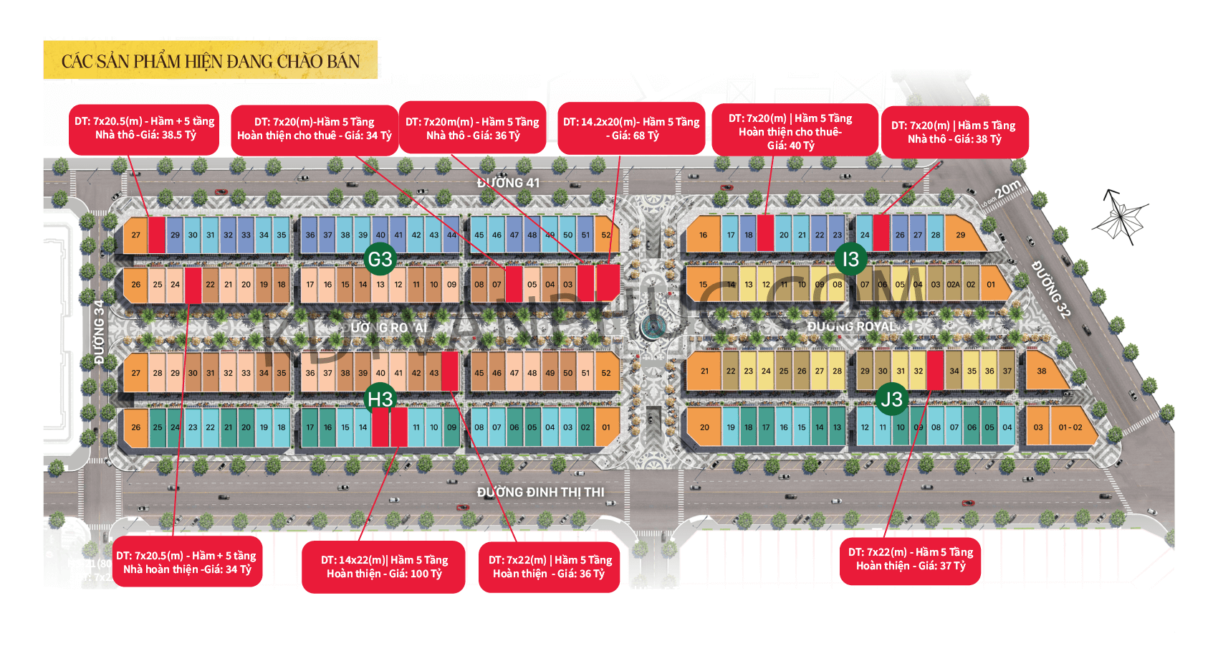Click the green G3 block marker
[x=380, y=259]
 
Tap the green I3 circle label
[x=850, y=259]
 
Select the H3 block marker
[x=380, y=399]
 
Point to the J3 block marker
[x=891, y=399]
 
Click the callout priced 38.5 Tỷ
[x=144, y=128]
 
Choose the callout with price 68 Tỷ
[x=631, y=128]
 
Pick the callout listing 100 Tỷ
[x=384, y=567]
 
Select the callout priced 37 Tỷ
[x=910, y=559]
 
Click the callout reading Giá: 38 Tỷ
[x=954, y=132]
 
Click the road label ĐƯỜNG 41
[x=508, y=183]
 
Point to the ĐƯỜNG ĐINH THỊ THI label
[x=540, y=492]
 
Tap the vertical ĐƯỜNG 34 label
[x=99, y=331]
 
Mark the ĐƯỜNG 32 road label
[x=1051, y=289]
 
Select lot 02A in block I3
[x=953, y=285]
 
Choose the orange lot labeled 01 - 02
[x=1070, y=427]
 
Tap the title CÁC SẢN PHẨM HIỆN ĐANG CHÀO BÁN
[x=211, y=61]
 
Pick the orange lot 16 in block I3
[x=703, y=235]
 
